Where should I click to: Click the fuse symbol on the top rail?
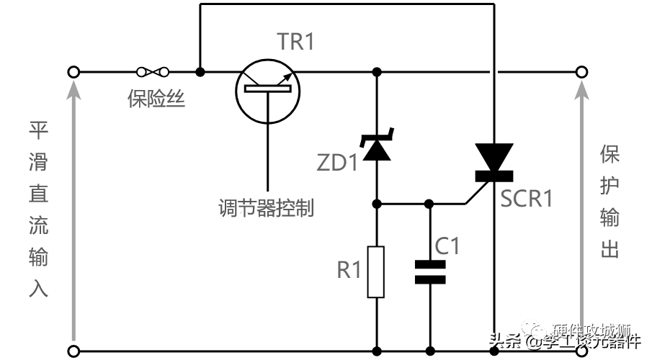point(152,72)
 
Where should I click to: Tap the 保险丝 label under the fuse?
point(156,99)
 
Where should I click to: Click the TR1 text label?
point(296,42)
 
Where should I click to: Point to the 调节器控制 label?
point(267,208)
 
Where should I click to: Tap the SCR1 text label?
point(527,198)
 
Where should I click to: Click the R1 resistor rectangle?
point(376,271)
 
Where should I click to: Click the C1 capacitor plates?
point(430,272)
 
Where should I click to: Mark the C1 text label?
point(447,246)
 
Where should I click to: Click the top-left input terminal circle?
point(73,72)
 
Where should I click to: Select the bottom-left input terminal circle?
point(73,351)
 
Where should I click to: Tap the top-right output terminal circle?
point(581,72)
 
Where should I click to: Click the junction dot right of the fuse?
point(200,72)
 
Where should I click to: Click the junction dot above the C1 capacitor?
point(430,204)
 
